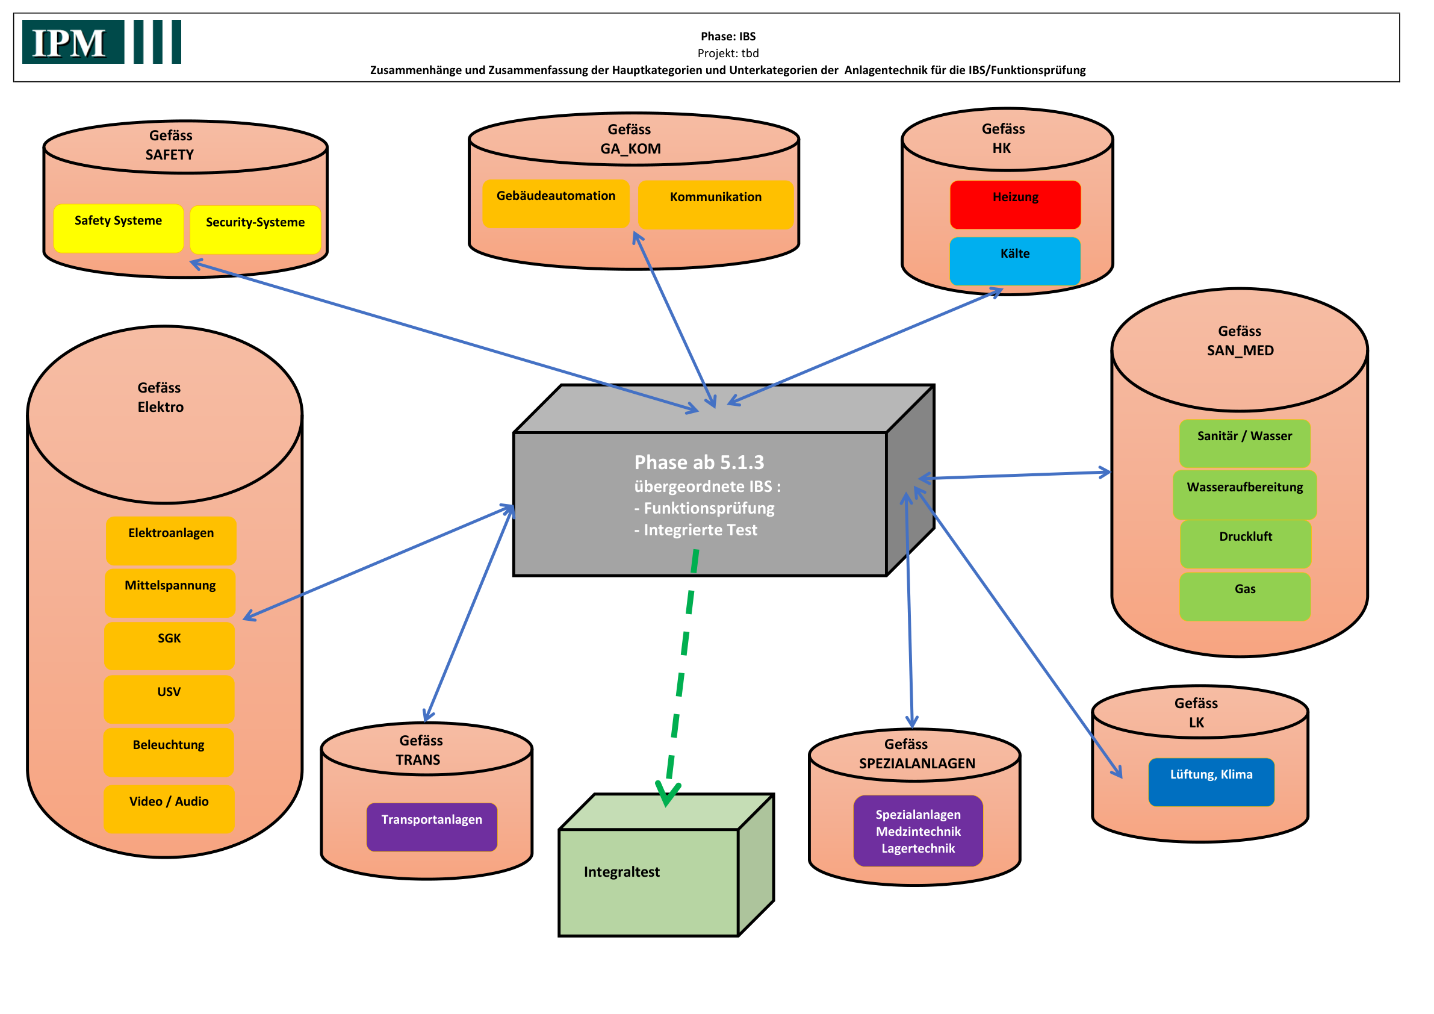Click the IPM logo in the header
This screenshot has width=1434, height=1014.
101,42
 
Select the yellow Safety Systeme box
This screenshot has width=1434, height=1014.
119,229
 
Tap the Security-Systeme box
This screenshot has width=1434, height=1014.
255,230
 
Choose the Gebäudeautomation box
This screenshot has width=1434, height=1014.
556,204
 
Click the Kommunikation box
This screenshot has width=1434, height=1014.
716,205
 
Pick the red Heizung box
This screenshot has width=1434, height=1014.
1016,205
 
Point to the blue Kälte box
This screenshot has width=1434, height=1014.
1016,261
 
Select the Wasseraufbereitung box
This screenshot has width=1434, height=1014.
1245,495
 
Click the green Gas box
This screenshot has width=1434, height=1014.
1245,597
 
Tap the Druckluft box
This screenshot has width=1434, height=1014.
1246,544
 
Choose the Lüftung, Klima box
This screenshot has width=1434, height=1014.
1211,782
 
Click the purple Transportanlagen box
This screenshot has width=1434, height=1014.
432,827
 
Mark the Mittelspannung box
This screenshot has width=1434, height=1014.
170,593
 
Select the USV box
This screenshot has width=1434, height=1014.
169,699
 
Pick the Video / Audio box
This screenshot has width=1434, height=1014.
169,809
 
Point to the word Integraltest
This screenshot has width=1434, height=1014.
621,871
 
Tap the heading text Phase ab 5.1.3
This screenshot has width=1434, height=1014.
699,462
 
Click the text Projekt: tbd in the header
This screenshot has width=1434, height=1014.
728,53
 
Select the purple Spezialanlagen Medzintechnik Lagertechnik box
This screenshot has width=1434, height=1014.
918,831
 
